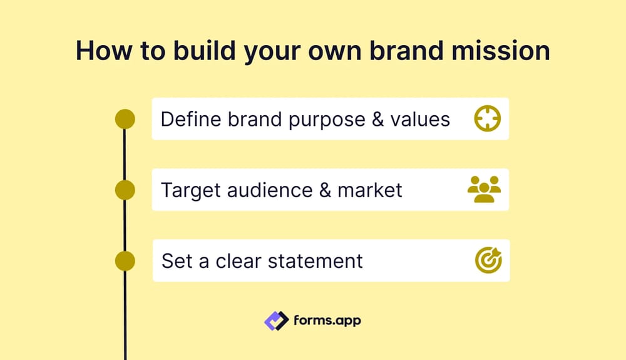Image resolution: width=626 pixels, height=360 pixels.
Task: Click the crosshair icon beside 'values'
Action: click(487, 118)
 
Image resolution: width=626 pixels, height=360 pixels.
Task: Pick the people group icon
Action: click(485, 189)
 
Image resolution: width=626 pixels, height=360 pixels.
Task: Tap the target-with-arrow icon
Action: click(488, 260)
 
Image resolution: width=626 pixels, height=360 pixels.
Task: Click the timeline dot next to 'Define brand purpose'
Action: click(125, 119)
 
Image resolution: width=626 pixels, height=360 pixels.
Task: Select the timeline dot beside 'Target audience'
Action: click(125, 190)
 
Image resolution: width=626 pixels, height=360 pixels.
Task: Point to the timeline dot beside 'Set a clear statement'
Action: click(125, 260)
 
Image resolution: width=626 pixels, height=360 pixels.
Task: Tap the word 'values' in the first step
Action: click(419, 119)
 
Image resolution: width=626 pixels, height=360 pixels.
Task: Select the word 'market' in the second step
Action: click(370, 190)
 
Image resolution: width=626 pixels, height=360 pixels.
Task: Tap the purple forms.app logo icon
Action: click(276, 321)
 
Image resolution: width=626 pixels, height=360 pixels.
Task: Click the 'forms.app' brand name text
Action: click(327, 321)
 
